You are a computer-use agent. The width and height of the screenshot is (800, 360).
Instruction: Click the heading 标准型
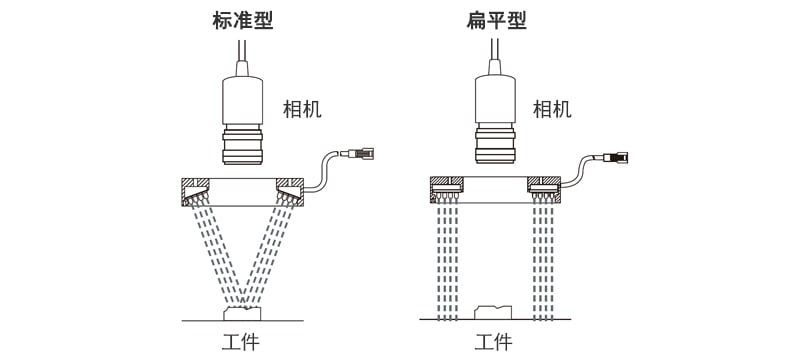point(243,20)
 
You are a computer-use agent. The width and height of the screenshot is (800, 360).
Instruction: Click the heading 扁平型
point(496,20)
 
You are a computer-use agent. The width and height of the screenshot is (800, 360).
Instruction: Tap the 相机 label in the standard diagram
point(303,109)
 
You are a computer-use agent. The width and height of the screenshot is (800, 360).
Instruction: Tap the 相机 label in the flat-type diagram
point(552,109)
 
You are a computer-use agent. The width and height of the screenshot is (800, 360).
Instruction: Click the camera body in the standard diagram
point(243,98)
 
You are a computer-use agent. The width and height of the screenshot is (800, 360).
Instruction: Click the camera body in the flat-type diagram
point(496,98)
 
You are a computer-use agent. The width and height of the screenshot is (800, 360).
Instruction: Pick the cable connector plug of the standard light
point(361,153)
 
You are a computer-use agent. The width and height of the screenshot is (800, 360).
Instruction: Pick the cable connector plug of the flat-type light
point(617,157)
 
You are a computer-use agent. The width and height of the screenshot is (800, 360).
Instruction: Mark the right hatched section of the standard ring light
point(290,188)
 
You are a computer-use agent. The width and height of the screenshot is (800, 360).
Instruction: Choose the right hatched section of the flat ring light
point(545,186)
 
